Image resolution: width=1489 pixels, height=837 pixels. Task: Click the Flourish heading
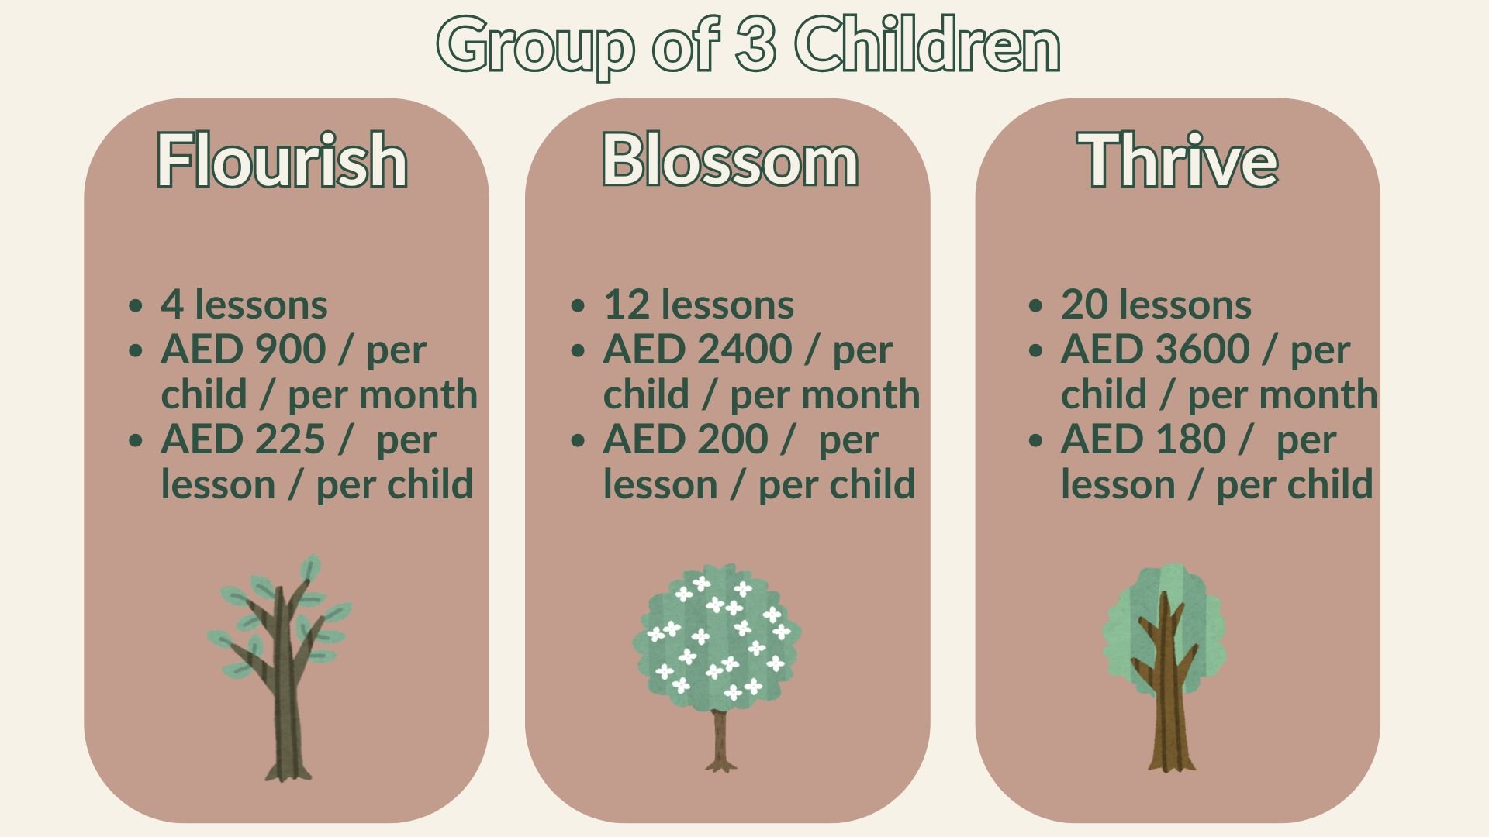coord(282,160)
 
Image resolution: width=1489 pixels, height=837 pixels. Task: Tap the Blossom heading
coord(730,160)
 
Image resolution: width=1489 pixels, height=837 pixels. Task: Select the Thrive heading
coord(1177,160)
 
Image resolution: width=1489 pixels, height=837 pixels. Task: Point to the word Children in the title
coord(927,45)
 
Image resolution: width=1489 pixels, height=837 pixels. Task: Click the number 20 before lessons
coord(1084,305)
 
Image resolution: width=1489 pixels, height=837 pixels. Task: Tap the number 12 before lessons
coord(626,305)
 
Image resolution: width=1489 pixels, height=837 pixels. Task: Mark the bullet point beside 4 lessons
coord(136,305)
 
